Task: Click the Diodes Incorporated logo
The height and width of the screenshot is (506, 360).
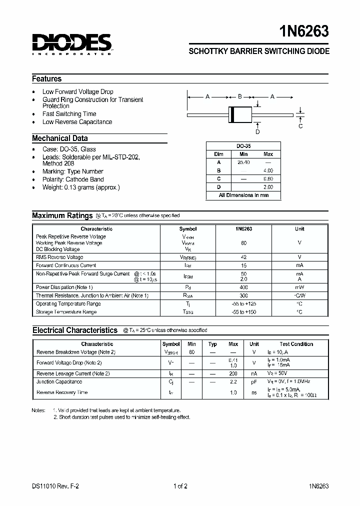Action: point(71,43)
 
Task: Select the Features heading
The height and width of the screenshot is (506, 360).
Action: point(47,79)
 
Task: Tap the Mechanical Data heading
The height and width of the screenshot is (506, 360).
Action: point(60,138)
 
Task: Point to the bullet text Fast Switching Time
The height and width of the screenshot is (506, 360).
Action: point(69,114)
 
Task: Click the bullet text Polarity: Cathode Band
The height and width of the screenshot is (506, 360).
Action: point(73,179)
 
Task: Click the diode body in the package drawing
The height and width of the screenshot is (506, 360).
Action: point(240,114)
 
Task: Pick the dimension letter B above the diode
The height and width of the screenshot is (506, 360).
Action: point(240,96)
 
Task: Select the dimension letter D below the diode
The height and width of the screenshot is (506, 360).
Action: point(258,132)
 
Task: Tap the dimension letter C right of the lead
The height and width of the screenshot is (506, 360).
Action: point(300,126)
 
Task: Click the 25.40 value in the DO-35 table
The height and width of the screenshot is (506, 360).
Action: point(243,162)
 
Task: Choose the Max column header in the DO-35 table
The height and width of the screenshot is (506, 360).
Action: point(268,154)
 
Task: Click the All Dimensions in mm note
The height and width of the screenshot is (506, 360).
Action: point(243,195)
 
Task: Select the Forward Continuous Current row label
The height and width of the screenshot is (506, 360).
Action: point(66,265)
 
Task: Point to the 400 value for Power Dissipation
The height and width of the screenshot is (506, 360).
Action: point(243,287)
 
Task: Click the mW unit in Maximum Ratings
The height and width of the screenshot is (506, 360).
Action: point(299,287)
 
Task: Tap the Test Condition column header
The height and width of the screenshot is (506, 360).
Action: point(296,344)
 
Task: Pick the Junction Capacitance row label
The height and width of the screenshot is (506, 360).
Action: point(59,382)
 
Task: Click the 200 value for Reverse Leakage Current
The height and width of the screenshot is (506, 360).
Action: point(233,373)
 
